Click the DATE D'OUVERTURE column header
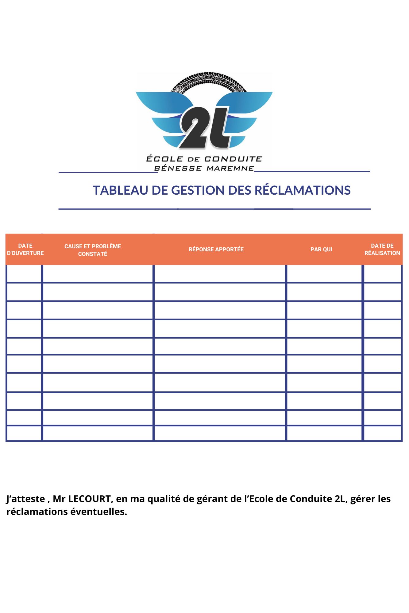point(25,249)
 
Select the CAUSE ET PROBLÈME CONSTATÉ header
point(93,250)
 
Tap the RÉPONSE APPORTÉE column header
point(216,249)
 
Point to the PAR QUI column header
point(321,249)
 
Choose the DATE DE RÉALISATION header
point(382,249)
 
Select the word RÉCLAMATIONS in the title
point(303,190)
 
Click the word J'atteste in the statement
point(25,499)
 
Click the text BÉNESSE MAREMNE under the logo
point(204,168)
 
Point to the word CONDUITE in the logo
point(233,159)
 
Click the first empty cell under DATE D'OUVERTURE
point(24,274)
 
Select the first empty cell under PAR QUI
point(324,274)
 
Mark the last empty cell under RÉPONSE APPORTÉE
point(220,433)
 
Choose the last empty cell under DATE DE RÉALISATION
point(383,433)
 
